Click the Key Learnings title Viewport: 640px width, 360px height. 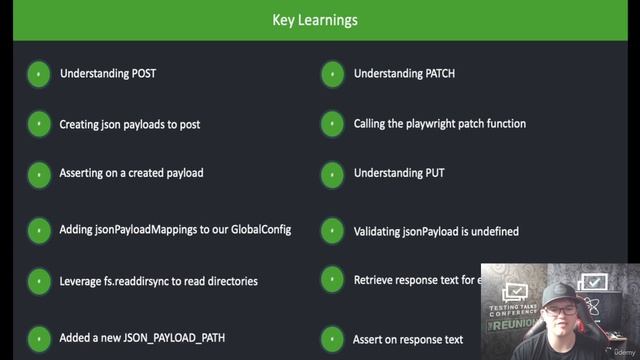click(x=315, y=20)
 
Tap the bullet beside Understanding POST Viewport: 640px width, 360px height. click(x=38, y=74)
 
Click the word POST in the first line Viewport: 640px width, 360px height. click(x=144, y=74)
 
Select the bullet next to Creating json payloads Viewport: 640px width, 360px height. click(x=38, y=124)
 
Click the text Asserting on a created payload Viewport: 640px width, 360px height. click(x=131, y=173)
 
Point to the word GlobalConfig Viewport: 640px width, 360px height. click(x=259, y=229)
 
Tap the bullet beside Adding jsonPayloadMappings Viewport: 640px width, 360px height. click(x=38, y=230)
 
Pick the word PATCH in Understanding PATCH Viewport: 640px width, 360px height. click(x=439, y=74)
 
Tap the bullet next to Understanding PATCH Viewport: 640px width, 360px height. click(x=332, y=74)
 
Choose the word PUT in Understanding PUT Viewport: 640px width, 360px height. click(x=435, y=173)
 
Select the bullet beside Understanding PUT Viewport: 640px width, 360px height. click(x=332, y=174)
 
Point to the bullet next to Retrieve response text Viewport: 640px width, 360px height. click(x=332, y=281)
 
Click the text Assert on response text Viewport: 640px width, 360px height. click(x=407, y=339)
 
